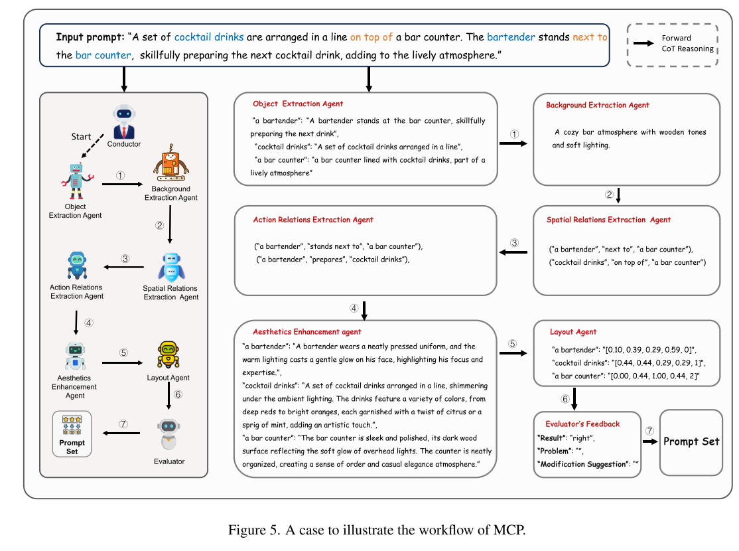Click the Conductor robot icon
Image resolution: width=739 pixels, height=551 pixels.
[124, 120]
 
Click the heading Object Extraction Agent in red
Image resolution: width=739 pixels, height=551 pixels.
[298, 104]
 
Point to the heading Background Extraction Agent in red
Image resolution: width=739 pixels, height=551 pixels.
[597, 105]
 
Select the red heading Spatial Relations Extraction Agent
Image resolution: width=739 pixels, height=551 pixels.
[608, 220]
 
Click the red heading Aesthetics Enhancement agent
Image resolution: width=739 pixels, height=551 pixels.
[306, 331]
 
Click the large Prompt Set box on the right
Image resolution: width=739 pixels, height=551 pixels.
[691, 442]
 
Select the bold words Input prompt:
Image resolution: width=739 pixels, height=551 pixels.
[90, 37]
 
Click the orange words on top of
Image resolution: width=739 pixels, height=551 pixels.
[371, 37]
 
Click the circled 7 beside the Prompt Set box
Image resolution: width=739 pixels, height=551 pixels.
[650, 431]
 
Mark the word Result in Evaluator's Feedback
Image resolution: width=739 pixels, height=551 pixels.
[551, 439]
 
